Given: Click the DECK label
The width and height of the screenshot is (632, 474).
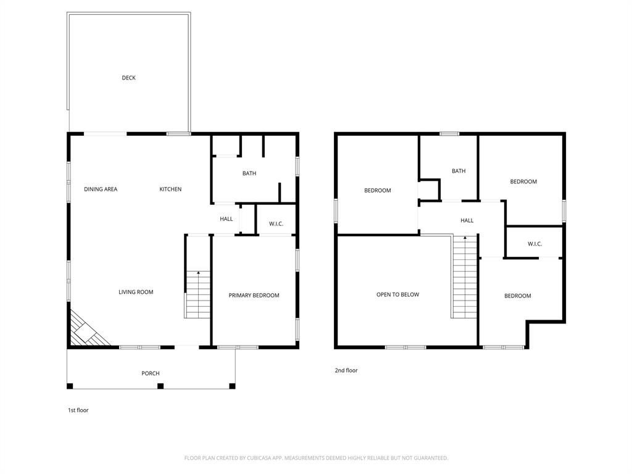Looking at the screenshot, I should click(128, 78).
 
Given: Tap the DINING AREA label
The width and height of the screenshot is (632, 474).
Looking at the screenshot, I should click(101, 189).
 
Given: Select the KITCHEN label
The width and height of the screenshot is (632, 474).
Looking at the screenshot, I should click(170, 189).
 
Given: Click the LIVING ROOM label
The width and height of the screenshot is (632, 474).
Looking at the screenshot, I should click(136, 292).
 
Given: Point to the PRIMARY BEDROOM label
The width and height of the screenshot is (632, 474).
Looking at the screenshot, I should click(254, 296).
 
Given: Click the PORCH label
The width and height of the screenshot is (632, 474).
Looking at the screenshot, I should click(150, 373).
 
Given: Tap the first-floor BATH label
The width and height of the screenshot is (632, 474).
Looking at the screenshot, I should click(249, 173).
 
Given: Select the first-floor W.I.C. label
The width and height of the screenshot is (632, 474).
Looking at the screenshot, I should click(276, 223).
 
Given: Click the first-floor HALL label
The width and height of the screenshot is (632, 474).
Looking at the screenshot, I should click(227, 219).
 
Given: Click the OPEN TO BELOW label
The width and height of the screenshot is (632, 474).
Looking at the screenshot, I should click(397, 295).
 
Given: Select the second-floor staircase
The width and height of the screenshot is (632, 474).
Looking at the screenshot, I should click(465, 278).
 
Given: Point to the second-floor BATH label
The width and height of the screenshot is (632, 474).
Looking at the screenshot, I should click(459, 171).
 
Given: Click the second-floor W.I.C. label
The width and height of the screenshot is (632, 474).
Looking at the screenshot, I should click(534, 244).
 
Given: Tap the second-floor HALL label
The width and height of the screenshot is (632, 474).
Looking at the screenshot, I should click(467, 220).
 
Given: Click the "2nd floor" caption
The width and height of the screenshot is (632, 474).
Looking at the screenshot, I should click(346, 370).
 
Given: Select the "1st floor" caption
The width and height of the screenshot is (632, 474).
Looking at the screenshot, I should click(78, 410).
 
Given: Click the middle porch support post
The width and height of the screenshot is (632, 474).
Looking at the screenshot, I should click(160, 386).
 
